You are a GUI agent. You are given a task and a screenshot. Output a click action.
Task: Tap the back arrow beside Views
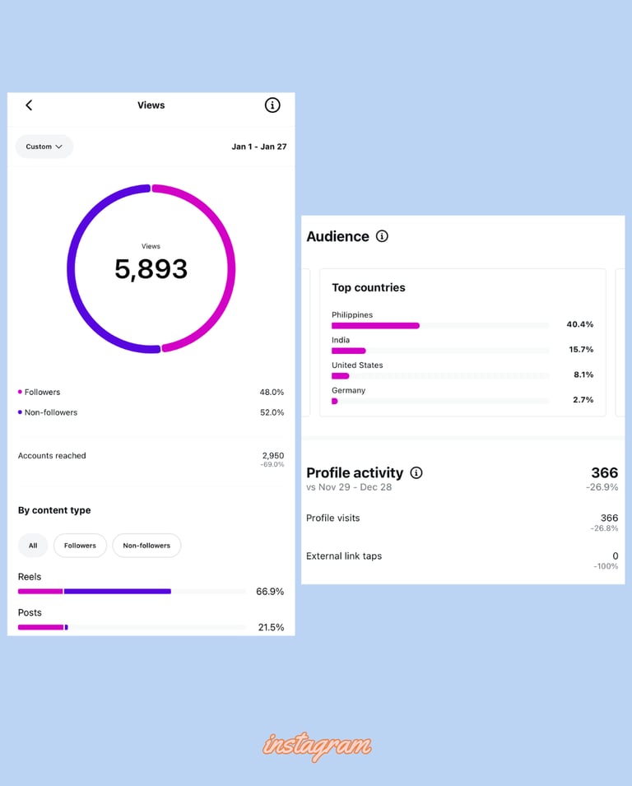click(x=29, y=105)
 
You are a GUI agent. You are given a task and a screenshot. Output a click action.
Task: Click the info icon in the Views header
click(x=272, y=105)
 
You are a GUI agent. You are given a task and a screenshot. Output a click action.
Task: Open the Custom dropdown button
click(x=44, y=147)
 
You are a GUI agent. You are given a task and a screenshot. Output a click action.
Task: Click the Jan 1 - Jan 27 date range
click(x=258, y=147)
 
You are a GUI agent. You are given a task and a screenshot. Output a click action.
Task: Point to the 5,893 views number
click(x=151, y=269)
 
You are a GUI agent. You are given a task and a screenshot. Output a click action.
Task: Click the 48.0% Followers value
click(x=272, y=393)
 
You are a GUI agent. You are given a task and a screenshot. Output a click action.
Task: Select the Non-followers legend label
click(x=51, y=412)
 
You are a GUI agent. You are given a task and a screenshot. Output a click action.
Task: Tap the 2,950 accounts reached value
click(x=272, y=455)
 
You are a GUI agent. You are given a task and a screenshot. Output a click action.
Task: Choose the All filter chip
click(x=33, y=546)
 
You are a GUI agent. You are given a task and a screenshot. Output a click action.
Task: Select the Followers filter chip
click(x=80, y=546)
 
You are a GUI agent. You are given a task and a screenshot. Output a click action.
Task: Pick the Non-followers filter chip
click(x=146, y=546)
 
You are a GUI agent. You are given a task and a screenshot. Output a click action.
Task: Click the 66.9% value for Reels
click(x=270, y=592)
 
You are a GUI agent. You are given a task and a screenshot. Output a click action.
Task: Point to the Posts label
click(x=30, y=612)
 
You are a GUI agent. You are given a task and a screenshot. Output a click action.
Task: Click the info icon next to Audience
click(x=382, y=236)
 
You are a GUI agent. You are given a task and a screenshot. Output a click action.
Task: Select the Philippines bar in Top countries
click(x=375, y=326)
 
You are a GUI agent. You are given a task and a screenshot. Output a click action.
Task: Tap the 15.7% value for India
click(x=580, y=350)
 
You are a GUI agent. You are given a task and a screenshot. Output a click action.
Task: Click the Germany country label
click(x=348, y=390)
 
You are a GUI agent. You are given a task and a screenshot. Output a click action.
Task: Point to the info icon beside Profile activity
click(x=416, y=472)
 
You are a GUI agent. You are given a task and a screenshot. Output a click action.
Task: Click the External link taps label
click(x=344, y=556)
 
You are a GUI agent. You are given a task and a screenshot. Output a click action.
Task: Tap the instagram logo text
click(x=317, y=746)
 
